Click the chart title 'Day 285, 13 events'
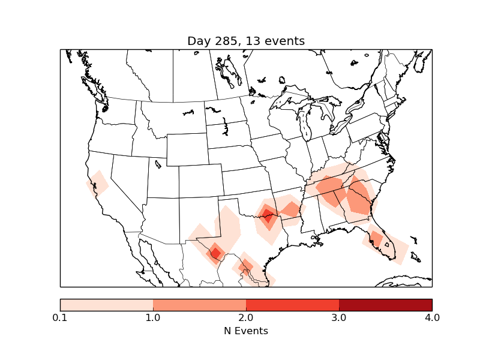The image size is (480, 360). [246, 41]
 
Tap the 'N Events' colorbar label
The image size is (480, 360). [246, 331]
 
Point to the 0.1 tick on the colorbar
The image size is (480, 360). [60, 317]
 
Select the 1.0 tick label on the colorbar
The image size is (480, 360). [153, 317]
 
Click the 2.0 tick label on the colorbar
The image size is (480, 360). [246, 317]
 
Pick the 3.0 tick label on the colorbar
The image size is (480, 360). [339, 317]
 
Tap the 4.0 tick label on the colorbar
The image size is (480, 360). [432, 317]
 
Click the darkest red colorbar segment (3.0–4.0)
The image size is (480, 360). [385, 304]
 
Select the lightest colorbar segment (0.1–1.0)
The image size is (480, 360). [106, 304]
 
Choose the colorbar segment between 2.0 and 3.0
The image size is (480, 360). [292, 304]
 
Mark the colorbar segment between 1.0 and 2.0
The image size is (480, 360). [199, 304]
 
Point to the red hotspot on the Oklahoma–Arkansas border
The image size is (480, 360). [268, 214]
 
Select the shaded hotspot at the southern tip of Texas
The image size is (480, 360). [245, 266]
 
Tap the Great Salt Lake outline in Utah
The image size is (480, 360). [158, 163]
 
